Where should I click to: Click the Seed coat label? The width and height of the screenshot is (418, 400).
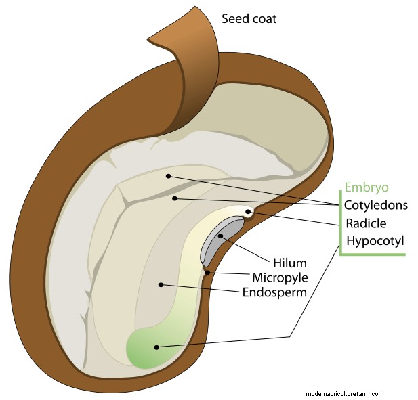click(x=249, y=19)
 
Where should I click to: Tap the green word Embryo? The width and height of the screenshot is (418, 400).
click(x=367, y=187)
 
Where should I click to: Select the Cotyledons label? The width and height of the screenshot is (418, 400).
click(x=376, y=205)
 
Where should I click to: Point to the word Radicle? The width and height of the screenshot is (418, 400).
click(x=366, y=223)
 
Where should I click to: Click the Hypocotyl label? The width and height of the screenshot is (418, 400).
click(x=375, y=241)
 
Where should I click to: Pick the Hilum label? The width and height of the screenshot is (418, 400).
click(x=290, y=263)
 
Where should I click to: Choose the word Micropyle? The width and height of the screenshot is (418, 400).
click(x=280, y=277)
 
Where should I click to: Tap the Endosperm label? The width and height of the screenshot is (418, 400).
click(x=274, y=292)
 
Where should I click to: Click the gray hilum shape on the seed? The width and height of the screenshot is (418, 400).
click(x=221, y=240)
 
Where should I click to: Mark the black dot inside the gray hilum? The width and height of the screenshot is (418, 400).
click(x=220, y=236)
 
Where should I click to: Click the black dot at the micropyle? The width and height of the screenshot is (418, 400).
click(x=207, y=273)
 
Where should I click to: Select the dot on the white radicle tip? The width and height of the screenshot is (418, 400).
click(x=248, y=212)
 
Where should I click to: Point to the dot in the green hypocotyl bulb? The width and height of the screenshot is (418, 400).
click(x=156, y=347)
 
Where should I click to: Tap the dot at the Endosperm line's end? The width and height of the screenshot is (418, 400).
click(x=161, y=285)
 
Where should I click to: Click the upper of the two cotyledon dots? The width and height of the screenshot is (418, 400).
click(x=168, y=176)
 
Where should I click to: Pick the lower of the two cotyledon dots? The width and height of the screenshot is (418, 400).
click(x=175, y=198)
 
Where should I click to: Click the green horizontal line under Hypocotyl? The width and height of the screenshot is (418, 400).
click(x=373, y=254)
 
